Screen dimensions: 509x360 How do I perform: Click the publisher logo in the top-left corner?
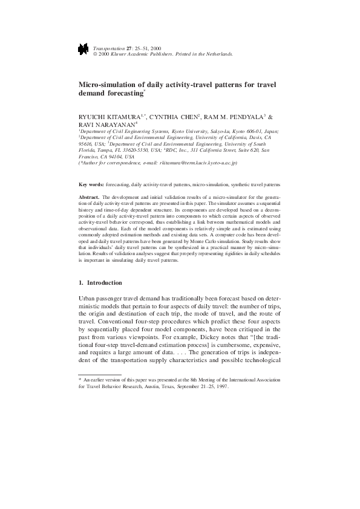[x=83, y=50]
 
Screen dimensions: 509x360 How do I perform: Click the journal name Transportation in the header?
[x=110, y=47]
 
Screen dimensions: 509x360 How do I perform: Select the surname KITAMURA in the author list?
[x=123, y=117]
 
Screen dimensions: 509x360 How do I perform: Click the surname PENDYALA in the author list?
[x=243, y=117]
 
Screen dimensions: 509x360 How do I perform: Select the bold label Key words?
[x=91, y=183]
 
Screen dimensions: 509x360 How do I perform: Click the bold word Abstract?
[x=90, y=197]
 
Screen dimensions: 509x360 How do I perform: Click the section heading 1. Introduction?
[x=100, y=283]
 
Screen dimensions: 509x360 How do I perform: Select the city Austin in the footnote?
[x=157, y=386]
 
